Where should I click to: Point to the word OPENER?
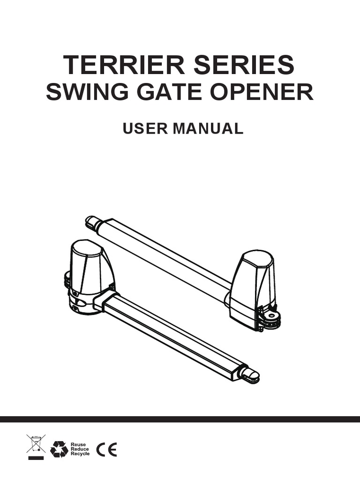coord(264,93)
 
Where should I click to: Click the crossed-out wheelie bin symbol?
coord(36,446)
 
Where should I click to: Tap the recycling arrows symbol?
coord(60,449)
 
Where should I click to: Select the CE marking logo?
coord(106,449)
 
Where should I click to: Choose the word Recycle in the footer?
coord(80,454)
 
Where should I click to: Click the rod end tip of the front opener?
coord(251,374)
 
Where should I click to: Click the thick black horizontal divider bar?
coord(180,419)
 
